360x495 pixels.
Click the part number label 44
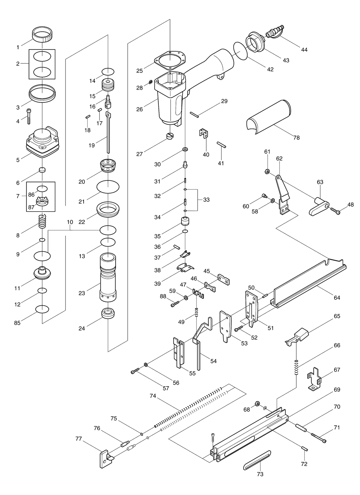[x=304, y=49]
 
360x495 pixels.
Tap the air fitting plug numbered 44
[x=274, y=32]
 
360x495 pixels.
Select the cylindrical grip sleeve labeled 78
[x=269, y=115]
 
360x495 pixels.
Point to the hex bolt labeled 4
[x=29, y=115]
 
